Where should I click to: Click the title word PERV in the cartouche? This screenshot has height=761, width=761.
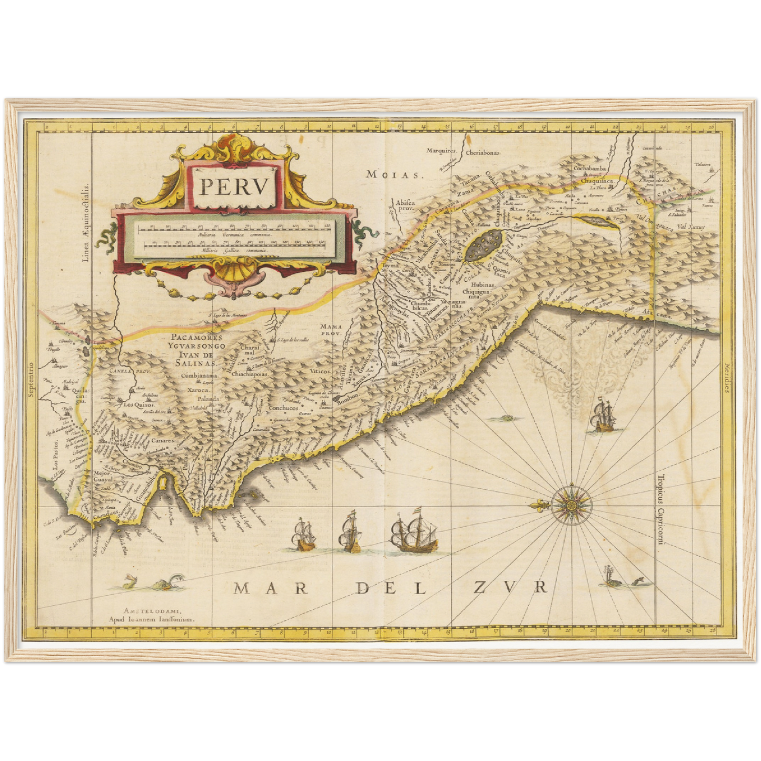[235, 186]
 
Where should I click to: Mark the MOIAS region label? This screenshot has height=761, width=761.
[395, 174]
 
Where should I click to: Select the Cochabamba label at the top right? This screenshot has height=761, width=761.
[590, 169]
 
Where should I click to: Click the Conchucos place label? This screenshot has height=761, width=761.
[284, 408]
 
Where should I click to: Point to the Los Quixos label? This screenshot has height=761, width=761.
[138, 405]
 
